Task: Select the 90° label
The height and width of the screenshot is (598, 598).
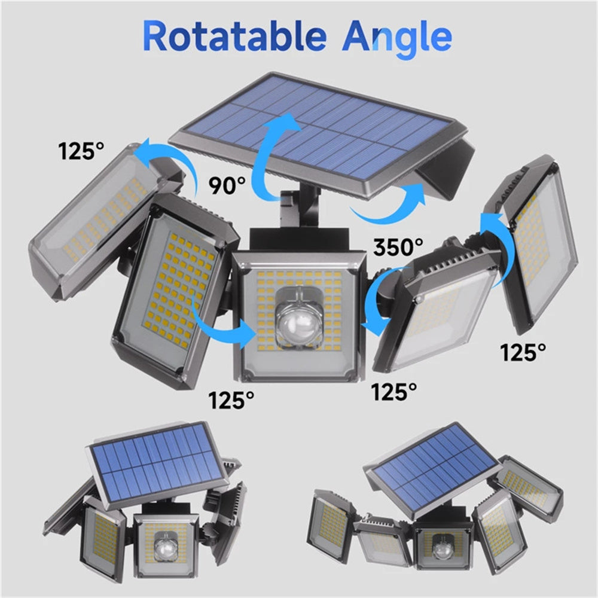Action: pyautogui.click(x=227, y=186)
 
